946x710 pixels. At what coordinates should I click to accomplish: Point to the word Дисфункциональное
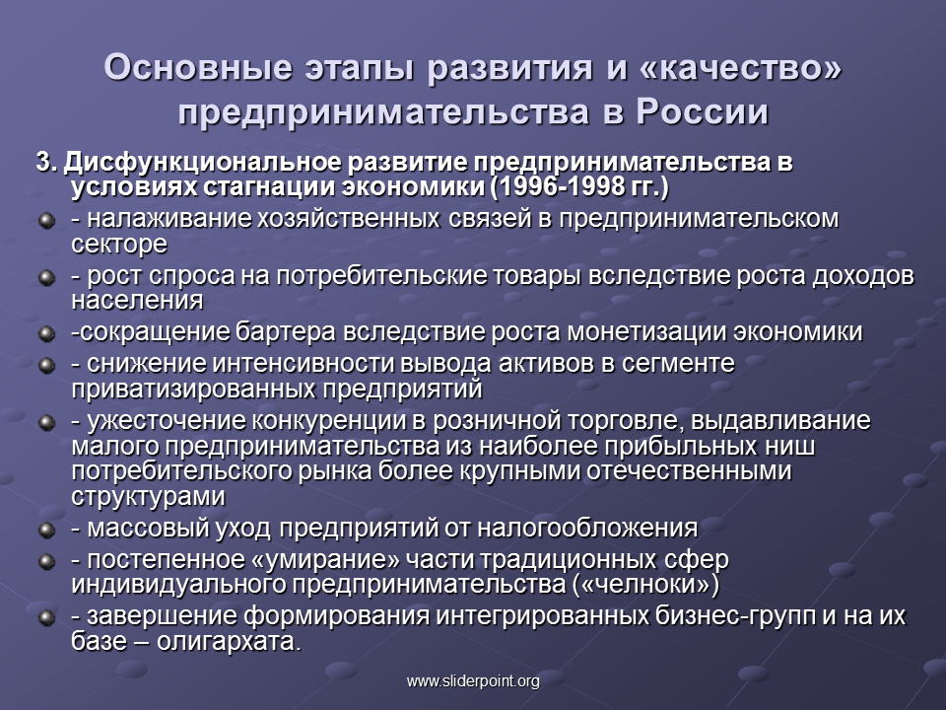(203, 163)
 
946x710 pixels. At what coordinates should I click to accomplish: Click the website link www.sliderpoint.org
(473, 681)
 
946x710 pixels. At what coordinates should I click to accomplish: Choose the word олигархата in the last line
(229, 641)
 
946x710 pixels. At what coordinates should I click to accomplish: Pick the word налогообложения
(587, 529)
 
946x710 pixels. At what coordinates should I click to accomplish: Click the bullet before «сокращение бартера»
(46, 333)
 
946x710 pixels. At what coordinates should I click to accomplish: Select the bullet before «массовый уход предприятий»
(46, 530)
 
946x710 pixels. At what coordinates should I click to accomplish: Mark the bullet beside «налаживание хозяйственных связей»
(46, 220)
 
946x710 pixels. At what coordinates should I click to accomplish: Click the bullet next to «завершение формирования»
(46, 617)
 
